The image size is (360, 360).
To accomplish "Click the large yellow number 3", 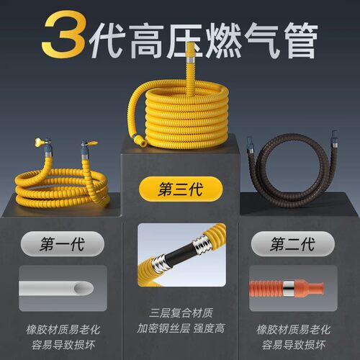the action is coord(63,34).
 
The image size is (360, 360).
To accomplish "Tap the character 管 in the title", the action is coord(301,41).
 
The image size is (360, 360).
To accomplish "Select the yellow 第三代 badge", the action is coord(181,189).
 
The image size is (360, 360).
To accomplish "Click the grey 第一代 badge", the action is coord(63,244).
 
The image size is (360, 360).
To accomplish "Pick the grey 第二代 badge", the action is coord(293,244).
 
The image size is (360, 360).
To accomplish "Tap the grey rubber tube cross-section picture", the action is coord(63,288).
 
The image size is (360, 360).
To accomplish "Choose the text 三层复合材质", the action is coord(181,313).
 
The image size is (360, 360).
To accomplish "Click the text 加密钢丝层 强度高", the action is coord(181,328).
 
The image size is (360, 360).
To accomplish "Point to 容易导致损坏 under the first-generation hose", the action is coord(63,345).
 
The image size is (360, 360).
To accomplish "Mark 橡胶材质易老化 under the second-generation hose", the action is coord(293,330).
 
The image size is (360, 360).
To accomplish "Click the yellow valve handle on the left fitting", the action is coord(40,142).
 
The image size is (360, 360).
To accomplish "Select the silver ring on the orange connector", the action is coord(289,288).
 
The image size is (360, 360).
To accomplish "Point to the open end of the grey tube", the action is coord(84,288).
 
